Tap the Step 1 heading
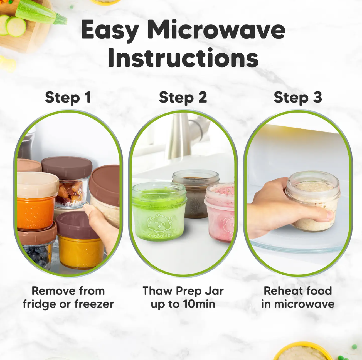68,97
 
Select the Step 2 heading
183,97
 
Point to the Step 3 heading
298,97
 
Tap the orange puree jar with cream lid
37,201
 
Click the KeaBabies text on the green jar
160,235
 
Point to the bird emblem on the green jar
159,223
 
